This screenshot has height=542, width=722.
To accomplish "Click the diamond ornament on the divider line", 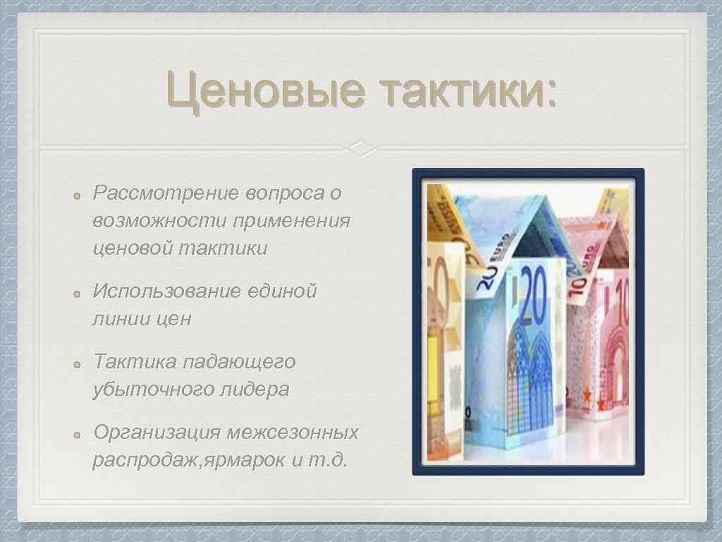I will tap(361, 149).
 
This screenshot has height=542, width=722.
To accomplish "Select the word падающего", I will tap(239, 362).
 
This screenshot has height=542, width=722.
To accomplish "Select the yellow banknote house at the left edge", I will tap(444, 318).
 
